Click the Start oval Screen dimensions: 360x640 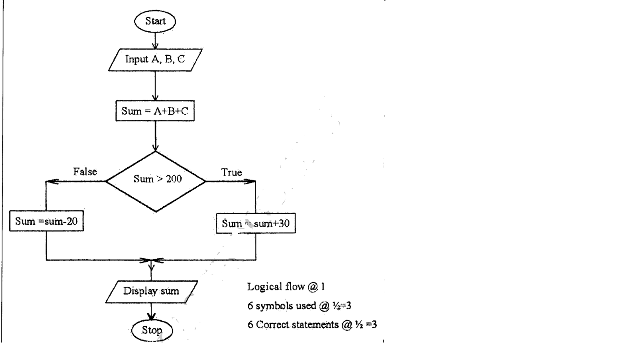(x=155, y=21)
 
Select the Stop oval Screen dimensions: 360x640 (x=152, y=330)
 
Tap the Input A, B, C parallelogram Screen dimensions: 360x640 (x=155, y=60)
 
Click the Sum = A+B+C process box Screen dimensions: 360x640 (x=155, y=111)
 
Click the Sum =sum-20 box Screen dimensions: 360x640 (x=46, y=221)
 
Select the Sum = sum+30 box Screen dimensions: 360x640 (x=256, y=223)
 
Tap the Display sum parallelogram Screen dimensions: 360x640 (x=151, y=291)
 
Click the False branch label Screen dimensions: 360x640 (x=85, y=172)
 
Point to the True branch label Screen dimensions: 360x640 (x=231, y=172)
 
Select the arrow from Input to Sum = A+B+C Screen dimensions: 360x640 (x=155, y=86)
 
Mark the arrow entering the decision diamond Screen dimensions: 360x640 (x=155, y=136)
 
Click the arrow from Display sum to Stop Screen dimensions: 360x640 (x=151, y=312)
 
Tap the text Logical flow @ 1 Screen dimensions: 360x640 (x=286, y=287)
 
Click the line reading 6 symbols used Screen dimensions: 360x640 (x=299, y=306)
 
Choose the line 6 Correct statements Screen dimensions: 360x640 (x=312, y=325)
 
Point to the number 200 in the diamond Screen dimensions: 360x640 (x=174, y=179)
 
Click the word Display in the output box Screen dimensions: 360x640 (x=140, y=291)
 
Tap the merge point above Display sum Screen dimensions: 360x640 (x=151, y=260)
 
